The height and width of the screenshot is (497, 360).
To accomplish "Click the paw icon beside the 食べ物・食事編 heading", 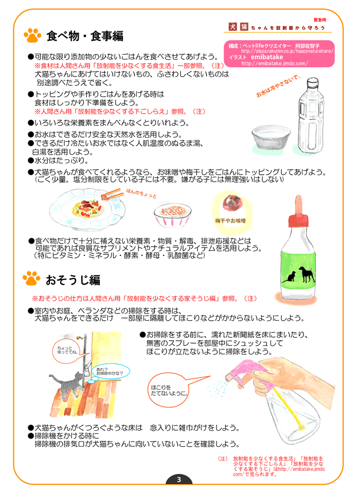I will (x=32, y=35).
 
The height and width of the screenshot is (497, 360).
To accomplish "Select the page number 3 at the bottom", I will (x=179, y=480).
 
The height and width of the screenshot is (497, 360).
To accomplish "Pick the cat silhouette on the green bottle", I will (x=289, y=277).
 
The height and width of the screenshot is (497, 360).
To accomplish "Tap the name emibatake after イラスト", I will (x=267, y=57).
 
